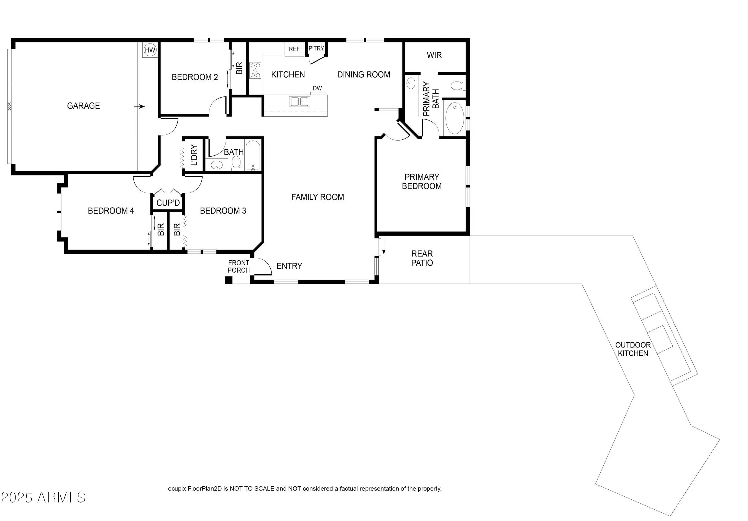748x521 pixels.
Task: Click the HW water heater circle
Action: (x=150, y=50)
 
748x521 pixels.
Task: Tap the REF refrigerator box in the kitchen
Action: (x=294, y=49)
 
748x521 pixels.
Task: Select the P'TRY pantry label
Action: (x=316, y=48)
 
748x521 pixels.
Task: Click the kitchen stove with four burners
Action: (x=255, y=70)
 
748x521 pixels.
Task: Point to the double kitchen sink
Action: (x=299, y=101)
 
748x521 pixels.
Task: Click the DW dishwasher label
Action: (x=317, y=88)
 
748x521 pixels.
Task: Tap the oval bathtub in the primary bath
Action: (x=454, y=118)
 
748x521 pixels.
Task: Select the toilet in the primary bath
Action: (x=457, y=86)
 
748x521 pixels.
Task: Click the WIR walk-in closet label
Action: (x=434, y=55)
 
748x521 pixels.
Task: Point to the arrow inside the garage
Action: (x=139, y=106)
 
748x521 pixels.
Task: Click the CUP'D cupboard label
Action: (x=168, y=203)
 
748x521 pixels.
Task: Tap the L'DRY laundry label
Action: (x=194, y=155)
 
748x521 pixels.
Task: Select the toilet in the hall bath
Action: (x=236, y=163)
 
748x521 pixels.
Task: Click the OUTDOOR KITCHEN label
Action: (x=633, y=349)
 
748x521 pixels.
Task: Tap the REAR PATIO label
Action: (x=422, y=258)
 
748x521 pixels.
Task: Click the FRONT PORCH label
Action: (x=239, y=267)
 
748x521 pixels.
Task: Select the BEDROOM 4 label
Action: (x=111, y=211)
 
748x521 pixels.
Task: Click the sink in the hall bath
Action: (x=216, y=165)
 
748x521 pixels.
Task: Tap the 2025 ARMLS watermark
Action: (x=43, y=497)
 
